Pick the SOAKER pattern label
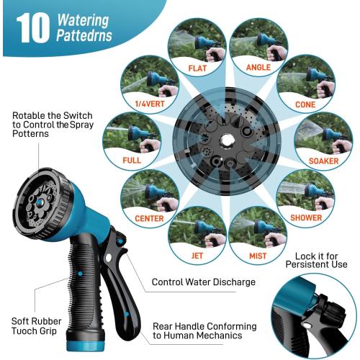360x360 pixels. [x=323, y=161]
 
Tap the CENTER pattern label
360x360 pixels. [x=149, y=218]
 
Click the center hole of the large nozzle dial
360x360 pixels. [x=228, y=136]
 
